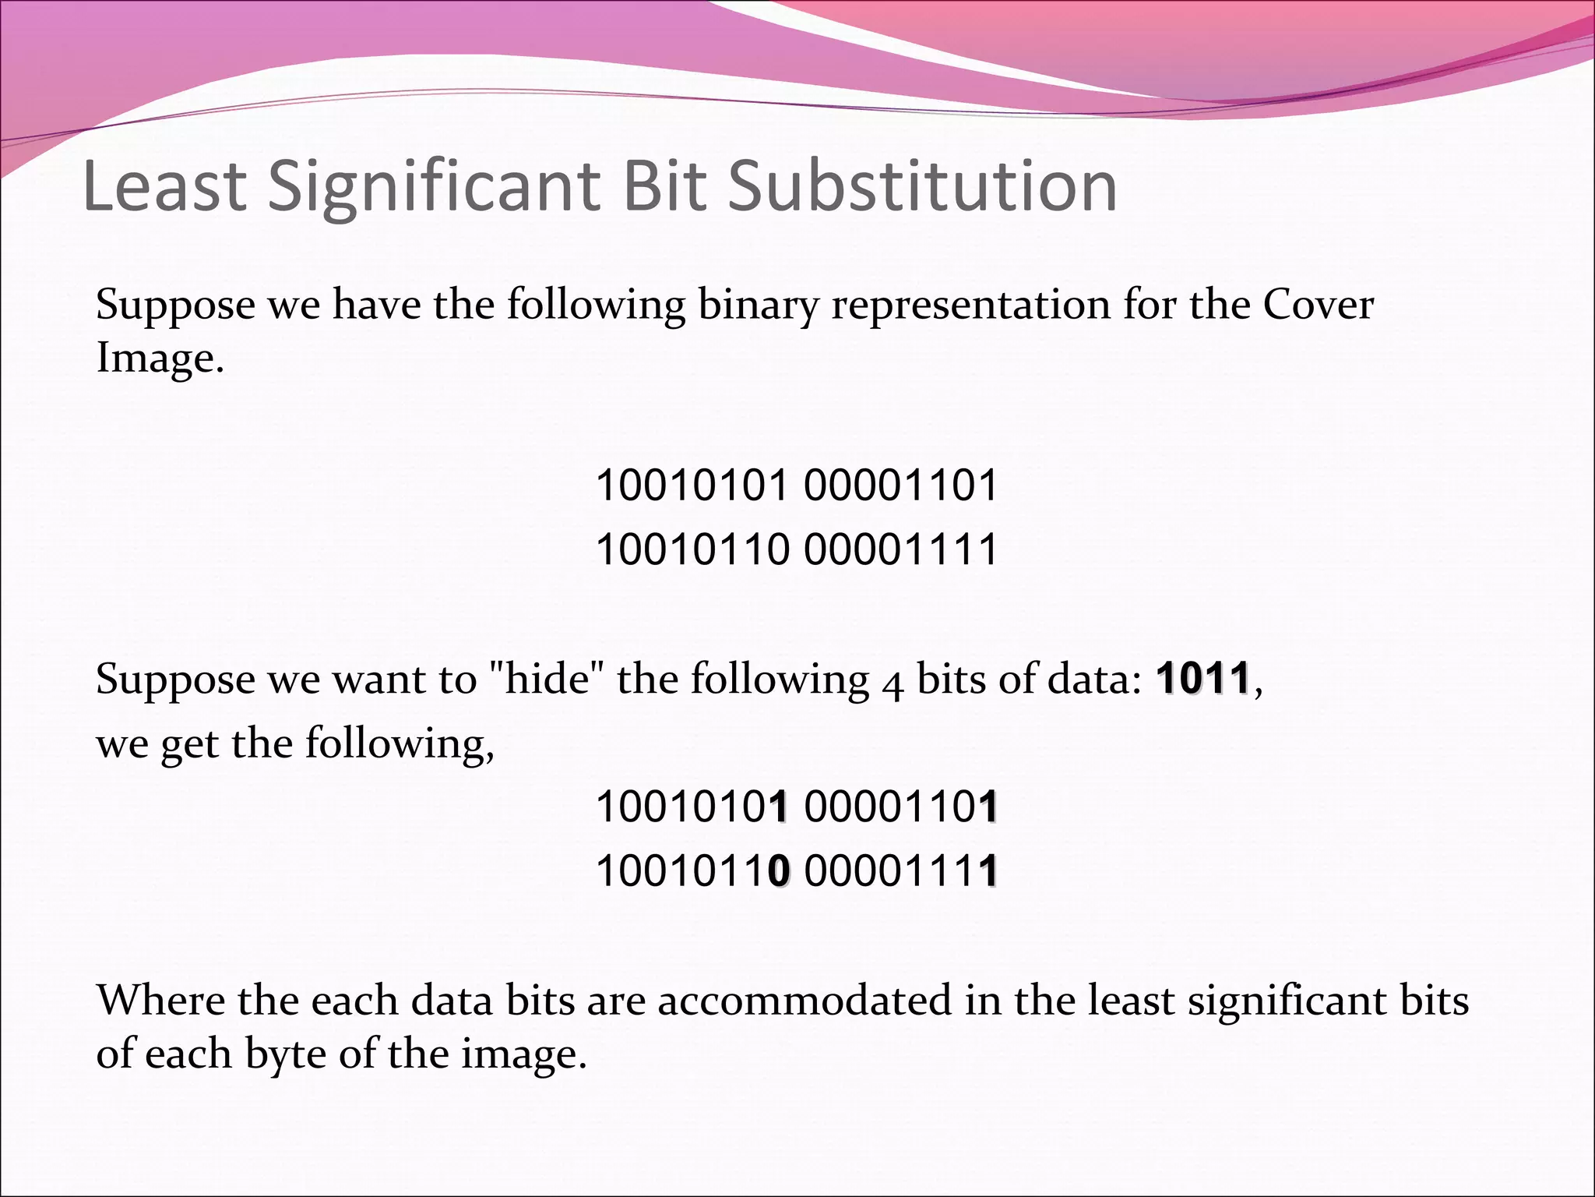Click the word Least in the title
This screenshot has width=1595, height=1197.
click(164, 186)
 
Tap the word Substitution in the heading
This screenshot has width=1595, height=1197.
click(922, 186)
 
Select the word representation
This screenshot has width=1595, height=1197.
click(970, 305)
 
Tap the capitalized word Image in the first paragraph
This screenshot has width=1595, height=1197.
click(160, 358)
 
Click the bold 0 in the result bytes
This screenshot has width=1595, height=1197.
click(779, 870)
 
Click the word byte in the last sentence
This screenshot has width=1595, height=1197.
click(286, 1054)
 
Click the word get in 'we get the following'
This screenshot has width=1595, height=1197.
click(189, 744)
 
